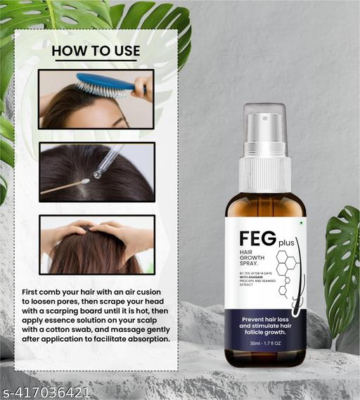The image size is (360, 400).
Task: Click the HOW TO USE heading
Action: (96, 51)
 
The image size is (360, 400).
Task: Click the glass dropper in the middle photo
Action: (110, 161)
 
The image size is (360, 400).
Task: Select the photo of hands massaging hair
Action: (96, 244)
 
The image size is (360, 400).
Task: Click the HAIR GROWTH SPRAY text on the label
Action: (254, 261)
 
